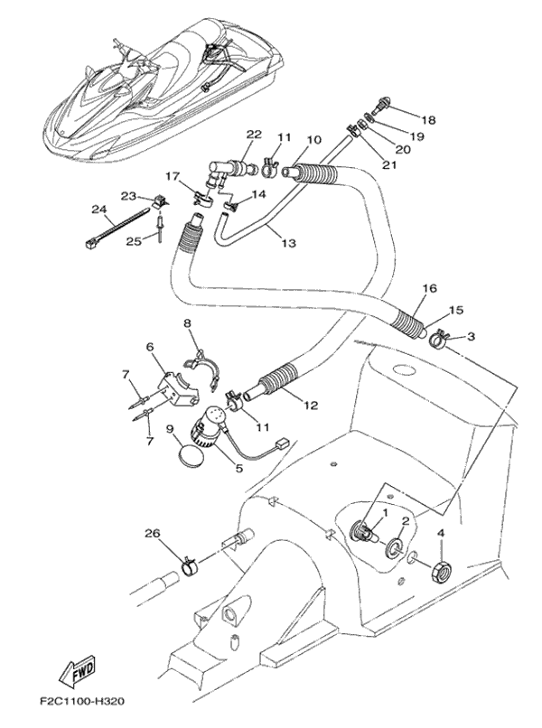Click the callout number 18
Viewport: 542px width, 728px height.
(427, 119)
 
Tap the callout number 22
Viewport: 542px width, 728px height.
(254, 135)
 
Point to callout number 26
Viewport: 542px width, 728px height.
(148, 534)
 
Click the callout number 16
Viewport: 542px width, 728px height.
(427, 289)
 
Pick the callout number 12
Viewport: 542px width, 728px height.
(310, 406)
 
